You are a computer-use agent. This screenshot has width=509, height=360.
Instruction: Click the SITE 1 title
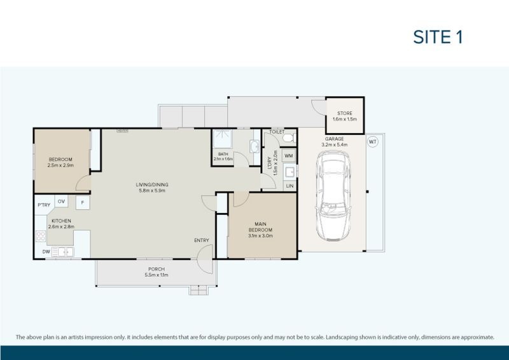[x=438, y=36]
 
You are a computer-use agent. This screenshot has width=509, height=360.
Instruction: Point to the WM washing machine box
[x=288, y=155]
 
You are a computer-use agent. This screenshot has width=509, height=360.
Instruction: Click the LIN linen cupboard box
[x=289, y=186]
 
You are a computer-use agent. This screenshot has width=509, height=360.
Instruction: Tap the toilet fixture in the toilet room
[x=287, y=137]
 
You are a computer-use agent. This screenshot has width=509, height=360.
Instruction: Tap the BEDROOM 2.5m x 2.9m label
[x=60, y=162]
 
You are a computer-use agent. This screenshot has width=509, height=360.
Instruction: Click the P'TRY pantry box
[x=44, y=204]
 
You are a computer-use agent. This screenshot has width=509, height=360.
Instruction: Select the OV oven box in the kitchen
[x=62, y=202]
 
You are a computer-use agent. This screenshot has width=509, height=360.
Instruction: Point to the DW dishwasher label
[x=46, y=252]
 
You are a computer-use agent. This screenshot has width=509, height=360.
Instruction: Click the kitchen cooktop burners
[x=41, y=237]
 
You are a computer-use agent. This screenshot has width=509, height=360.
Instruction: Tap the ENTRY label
[x=202, y=240]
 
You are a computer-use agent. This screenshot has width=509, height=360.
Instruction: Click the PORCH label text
[x=155, y=272]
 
